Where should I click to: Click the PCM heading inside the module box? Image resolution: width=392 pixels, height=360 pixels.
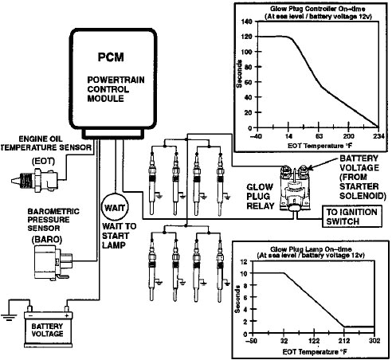pyautogui.click(x=112, y=57)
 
